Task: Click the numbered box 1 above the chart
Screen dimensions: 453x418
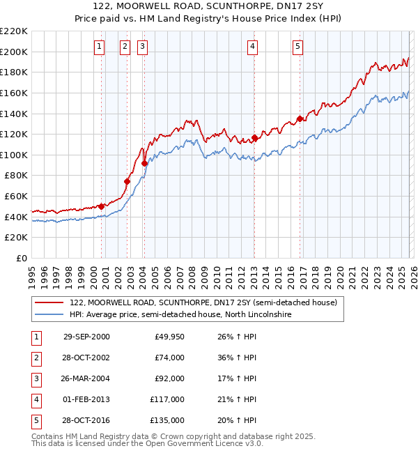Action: [x=100, y=47]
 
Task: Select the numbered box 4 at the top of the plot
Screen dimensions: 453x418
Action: [x=252, y=47]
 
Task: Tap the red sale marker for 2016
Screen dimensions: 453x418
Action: [x=300, y=118]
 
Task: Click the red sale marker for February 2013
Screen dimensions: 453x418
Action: [x=254, y=137]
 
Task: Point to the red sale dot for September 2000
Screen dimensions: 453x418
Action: [x=102, y=206]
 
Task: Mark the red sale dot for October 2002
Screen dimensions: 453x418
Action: [x=127, y=181]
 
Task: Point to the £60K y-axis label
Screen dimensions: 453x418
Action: [x=16, y=197]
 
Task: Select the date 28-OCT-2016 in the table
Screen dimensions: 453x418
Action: [x=86, y=420]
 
